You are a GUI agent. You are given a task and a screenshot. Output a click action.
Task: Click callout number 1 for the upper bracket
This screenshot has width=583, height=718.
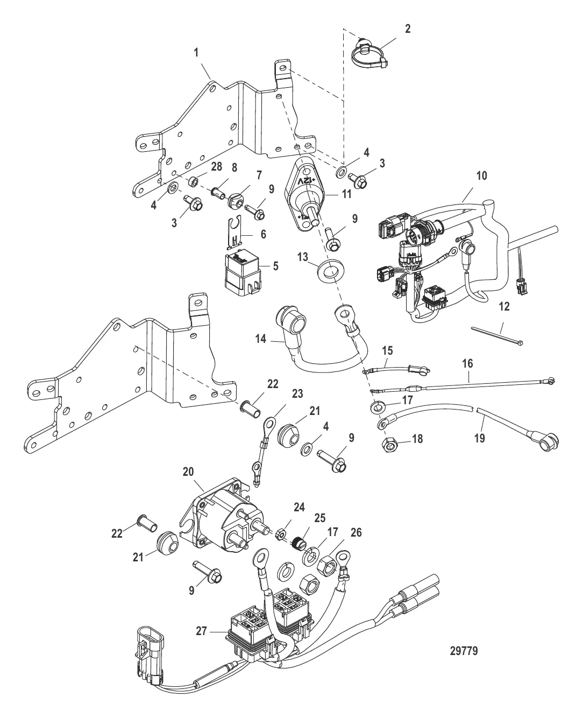click(x=196, y=53)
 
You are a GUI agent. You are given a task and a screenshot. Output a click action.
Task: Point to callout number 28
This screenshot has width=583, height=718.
click(x=217, y=167)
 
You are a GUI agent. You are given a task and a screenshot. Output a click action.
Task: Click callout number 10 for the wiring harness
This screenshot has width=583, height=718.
click(x=481, y=176)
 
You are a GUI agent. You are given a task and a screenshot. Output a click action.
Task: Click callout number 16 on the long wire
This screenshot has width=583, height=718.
click(x=467, y=364)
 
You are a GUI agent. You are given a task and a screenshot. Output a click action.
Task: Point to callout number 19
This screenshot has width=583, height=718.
click(x=479, y=438)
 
